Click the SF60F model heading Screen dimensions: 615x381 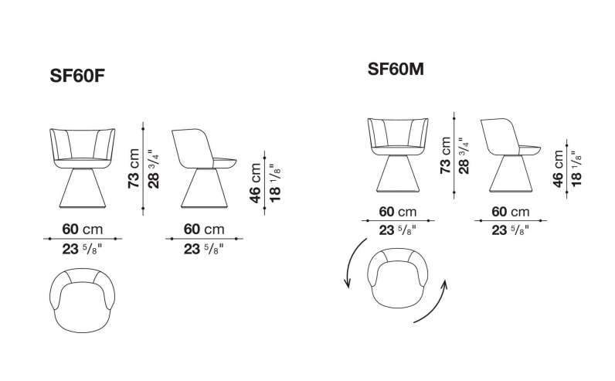point(77,76)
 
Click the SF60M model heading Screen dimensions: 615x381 point(396,69)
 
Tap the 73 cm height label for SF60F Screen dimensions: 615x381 point(134,168)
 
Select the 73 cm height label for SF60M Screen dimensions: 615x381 point(446,155)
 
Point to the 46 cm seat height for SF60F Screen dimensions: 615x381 point(255,183)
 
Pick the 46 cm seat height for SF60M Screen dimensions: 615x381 point(558,168)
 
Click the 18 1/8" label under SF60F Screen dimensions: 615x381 point(275,183)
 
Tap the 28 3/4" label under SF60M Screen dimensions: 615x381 point(464,155)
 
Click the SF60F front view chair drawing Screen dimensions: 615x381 point(83,168)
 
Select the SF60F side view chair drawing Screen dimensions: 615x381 point(204,168)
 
